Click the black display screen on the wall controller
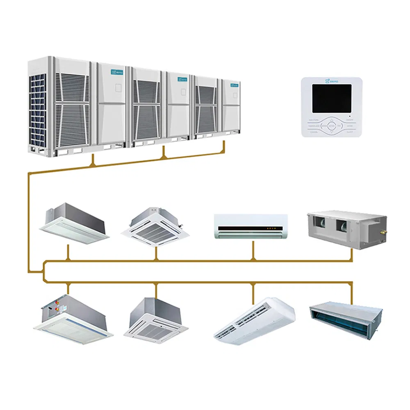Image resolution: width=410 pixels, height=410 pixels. click(332, 99)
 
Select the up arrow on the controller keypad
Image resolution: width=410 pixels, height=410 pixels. click(332, 119)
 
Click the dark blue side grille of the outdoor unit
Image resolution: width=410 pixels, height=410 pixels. click(37, 111)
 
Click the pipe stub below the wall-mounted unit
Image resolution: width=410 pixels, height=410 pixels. click(253, 250)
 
